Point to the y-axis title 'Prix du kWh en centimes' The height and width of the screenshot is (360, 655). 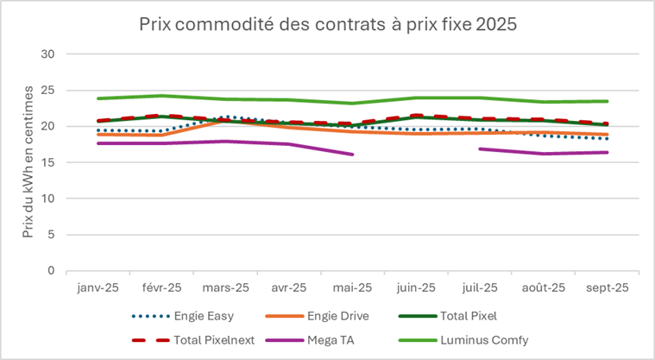(28, 162)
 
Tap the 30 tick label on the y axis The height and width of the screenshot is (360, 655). (47, 54)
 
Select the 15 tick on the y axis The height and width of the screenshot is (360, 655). (47, 162)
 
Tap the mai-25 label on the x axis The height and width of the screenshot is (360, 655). (353, 287)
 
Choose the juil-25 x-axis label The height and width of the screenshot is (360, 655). (481, 287)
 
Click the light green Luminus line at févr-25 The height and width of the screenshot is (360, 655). (161, 96)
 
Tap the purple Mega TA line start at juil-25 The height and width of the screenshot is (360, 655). (481, 149)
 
